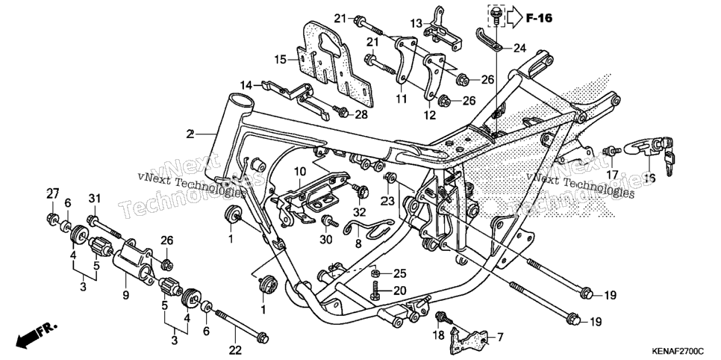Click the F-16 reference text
pyautogui.click(x=540, y=18)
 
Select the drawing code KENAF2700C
pyautogui.click(x=676, y=352)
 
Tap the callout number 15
pyautogui.click(x=281, y=60)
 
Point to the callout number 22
pyautogui.click(x=235, y=350)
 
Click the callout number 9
pyautogui.click(x=125, y=297)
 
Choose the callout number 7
pyautogui.click(x=500, y=338)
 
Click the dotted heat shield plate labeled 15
pyautogui.click(x=336, y=61)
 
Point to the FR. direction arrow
pyautogui.click(x=37, y=335)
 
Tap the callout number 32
pyautogui.click(x=359, y=212)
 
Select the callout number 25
pyautogui.click(x=400, y=274)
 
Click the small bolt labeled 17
pyautogui.click(x=612, y=151)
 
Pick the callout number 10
pyautogui.click(x=300, y=173)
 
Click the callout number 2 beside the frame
pyautogui.click(x=190, y=134)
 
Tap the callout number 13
pyautogui.click(x=416, y=23)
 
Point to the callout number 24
pyautogui.click(x=519, y=47)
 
